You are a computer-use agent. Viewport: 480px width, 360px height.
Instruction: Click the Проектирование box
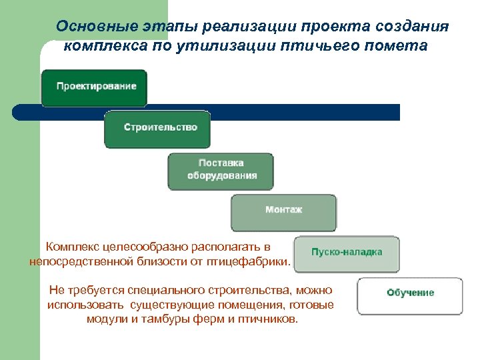tap(94, 87)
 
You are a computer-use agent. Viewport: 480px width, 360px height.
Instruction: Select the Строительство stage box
tap(157, 128)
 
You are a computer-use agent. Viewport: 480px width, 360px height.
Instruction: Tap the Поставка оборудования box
tap(221, 170)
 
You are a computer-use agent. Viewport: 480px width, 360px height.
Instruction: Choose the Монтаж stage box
tap(283, 211)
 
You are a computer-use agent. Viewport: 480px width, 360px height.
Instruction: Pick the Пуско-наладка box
tap(347, 253)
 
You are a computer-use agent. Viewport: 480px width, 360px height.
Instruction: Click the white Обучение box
tap(410, 294)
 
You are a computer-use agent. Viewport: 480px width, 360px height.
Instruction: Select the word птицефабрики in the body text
tap(251, 262)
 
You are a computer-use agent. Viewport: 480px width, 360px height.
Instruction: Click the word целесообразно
tap(146, 247)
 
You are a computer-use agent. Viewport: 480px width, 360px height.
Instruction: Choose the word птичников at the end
tap(270, 319)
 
